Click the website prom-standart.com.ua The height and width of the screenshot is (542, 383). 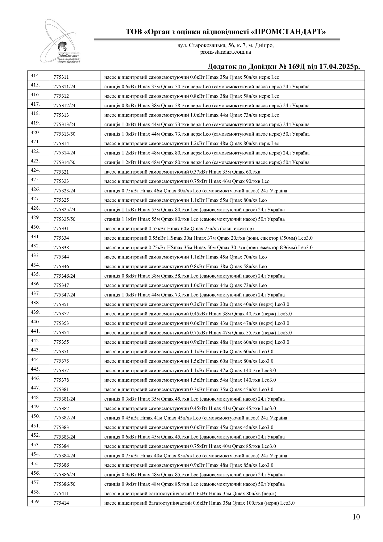coord(225,52)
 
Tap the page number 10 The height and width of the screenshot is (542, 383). coord(356,517)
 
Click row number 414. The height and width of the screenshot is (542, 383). coord(35,76)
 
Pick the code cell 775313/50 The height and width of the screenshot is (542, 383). coord(65,134)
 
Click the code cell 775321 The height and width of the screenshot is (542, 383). coord(61,172)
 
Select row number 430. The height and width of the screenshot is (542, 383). coord(35,227)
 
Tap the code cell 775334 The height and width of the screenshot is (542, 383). coord(61,238)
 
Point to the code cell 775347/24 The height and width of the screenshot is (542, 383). coord(65,295)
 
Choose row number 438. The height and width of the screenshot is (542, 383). coord(35,303)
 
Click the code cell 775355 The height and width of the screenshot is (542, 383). coord(61,342)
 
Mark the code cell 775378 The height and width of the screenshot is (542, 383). coord(61,380)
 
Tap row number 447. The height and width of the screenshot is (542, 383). coord(35,388)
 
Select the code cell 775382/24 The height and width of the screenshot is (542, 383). coord(65,418)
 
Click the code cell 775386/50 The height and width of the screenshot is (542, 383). coord(65,484)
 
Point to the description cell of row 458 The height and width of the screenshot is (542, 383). coord(190,494)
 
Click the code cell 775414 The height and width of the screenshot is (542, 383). coord(61,503)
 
